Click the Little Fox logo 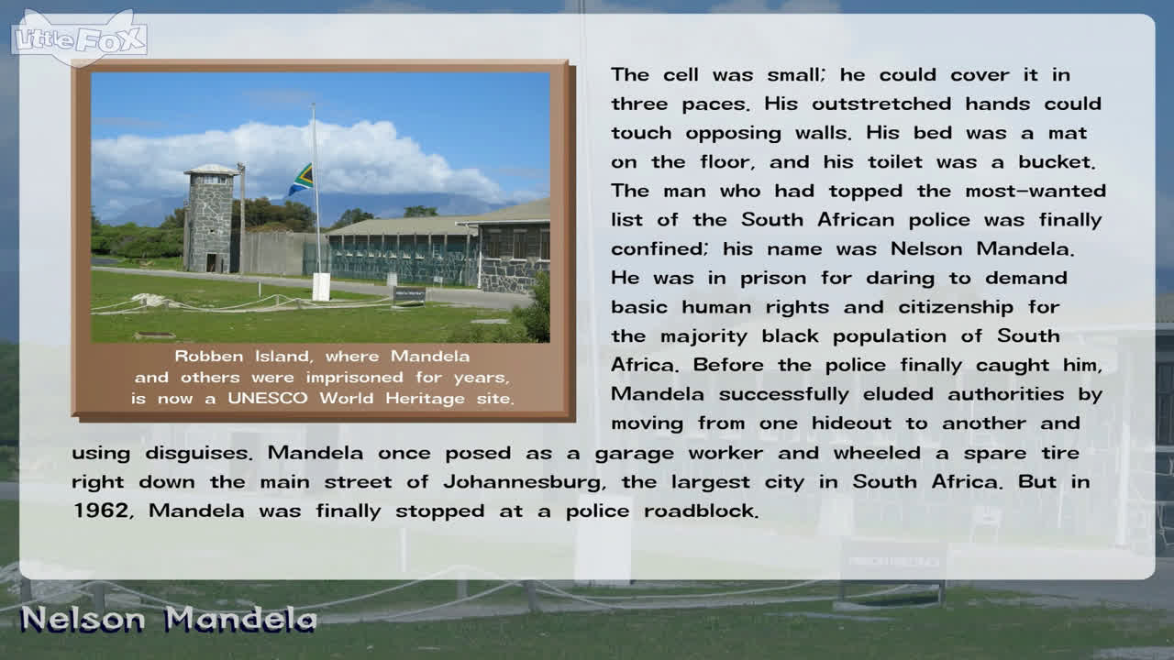click(x=79, y=38)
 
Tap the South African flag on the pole click(x=301, y=180)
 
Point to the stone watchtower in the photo click(x=211, y=218)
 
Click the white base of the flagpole click(x=321, y=287)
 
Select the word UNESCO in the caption click(x=267, y=399)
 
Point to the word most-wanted click(x=1036, y=192)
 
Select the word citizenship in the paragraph click(x=956, y=307)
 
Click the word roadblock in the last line click(x=702, y=511)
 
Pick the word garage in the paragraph click(x=634, y=454)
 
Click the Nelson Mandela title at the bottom click(x=169, y=620)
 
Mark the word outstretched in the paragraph click(x=881, y=104)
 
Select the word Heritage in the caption click(x=425, y=399)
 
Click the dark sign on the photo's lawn click(x=409, y=295)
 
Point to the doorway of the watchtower click(x=211, y=262)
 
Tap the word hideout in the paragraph click(x=852, y=423)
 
